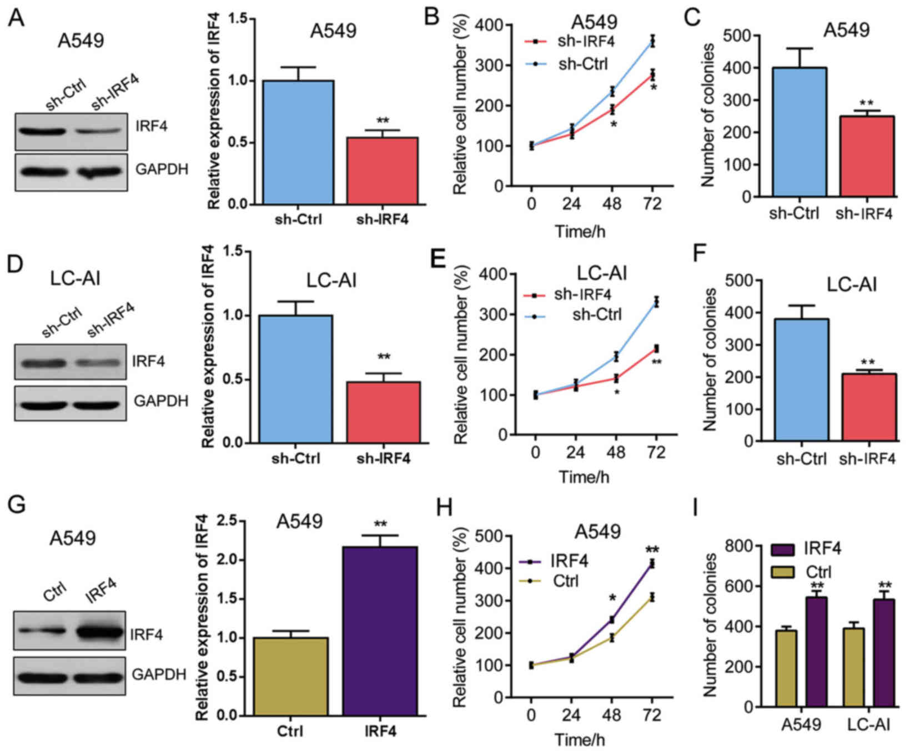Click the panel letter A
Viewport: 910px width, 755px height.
16,18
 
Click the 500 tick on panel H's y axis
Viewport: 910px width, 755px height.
491,536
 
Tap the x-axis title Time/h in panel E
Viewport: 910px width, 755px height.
584,477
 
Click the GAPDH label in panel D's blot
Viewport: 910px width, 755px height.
160,401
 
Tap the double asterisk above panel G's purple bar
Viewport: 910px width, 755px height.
380,524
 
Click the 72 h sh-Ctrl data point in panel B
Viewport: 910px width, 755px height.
653,42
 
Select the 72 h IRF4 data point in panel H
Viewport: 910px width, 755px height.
652,564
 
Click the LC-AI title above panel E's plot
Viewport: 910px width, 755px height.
601,273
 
